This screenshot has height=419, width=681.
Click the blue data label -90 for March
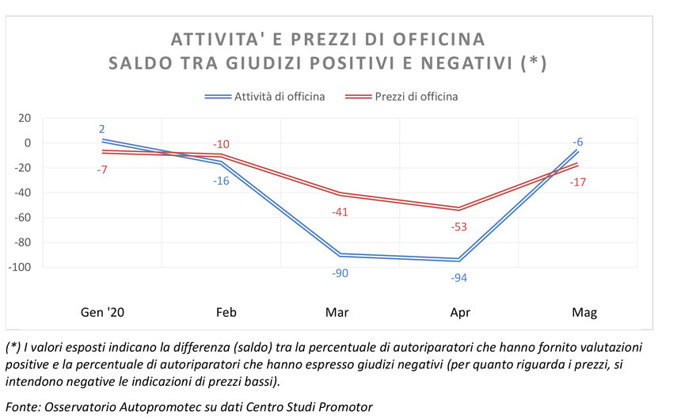(x=340, y=273)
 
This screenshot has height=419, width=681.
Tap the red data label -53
(x=458, y=227)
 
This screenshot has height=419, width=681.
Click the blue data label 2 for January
(x=102, y=129)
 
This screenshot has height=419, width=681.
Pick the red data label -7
(x=102, y=169)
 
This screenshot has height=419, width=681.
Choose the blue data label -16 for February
(x=221, y=181)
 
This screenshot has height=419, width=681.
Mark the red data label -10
(x=221, y=144)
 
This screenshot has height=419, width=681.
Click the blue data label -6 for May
(x=579, y=142)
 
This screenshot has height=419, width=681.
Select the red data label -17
(x=577, y=182)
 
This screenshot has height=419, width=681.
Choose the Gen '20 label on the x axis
(x=103, y=313)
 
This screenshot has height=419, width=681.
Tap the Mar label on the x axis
(x=337, y=313)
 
